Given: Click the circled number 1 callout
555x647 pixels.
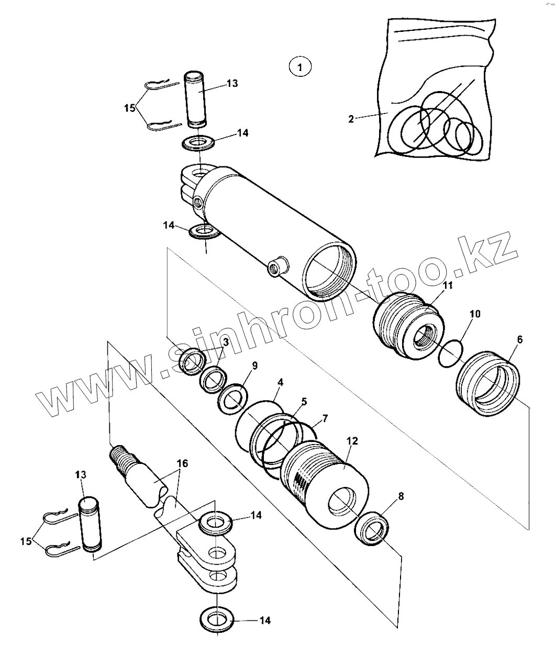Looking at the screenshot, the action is [299, 67].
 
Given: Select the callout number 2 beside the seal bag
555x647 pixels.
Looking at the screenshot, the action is [351, 119].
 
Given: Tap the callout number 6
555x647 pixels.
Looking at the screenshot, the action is [519, 339].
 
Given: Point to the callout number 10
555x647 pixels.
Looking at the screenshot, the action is [474, 314].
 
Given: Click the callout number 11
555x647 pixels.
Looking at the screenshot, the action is [448, 286].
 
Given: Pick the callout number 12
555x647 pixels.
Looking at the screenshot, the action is [352, 441].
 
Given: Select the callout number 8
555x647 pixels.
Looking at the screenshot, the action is [402, 497].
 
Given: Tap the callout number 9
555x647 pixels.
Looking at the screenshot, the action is [254, 365].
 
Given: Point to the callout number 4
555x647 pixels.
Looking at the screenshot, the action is [280, 382].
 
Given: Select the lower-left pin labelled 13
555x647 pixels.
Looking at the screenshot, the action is [89, 523].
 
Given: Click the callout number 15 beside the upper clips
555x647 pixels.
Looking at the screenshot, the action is [130, 108].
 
